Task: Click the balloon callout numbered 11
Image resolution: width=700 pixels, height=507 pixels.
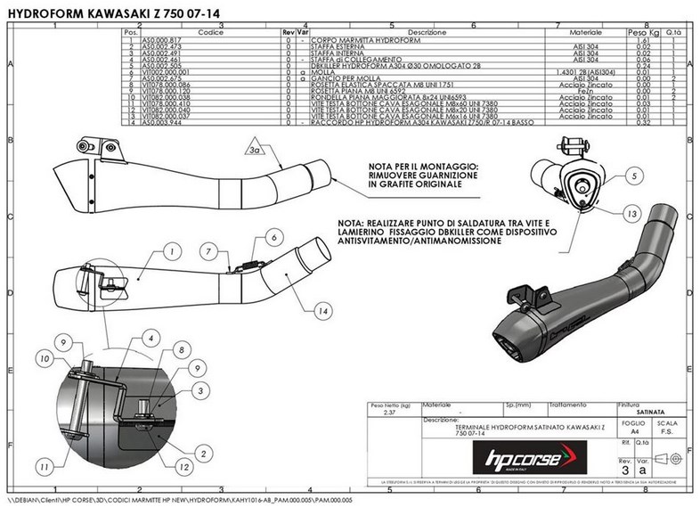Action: (x=42, y=464)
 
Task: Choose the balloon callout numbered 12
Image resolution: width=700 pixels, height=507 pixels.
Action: (x=183, y=464)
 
